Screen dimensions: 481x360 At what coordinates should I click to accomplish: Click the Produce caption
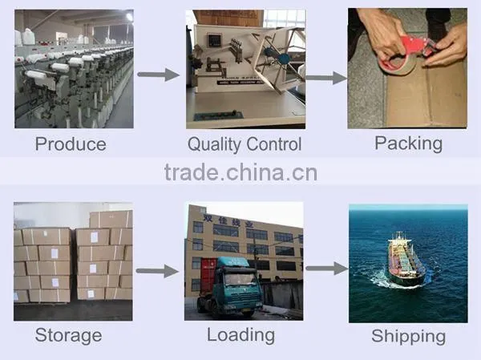(x=71, y=144)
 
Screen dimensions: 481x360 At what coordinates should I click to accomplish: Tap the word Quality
(x=214, y=144)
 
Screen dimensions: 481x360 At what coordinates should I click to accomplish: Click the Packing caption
(x=409, y=144)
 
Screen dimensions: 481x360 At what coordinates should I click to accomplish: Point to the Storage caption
(x=68, y=335)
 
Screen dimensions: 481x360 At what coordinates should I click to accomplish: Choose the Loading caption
(x=240, y=335)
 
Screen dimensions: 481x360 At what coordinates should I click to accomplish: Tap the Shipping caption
(x=409, y=337)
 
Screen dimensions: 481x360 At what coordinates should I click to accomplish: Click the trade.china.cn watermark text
(x=240, y=172)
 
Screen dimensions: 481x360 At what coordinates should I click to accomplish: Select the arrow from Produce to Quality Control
(x=158, y=75)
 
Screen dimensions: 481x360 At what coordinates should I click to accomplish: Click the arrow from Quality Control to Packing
(x=326, y=78)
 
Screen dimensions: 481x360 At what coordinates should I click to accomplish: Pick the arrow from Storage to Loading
(x=157, y=271)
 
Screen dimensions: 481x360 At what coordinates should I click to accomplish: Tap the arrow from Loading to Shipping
(x=327, y=269)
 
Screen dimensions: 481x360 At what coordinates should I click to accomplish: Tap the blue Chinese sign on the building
(x=228, y=221)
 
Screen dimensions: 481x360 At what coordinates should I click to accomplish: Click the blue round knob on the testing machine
(x=284, y=58)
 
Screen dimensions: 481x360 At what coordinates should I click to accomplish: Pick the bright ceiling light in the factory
(x=129, y=17)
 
